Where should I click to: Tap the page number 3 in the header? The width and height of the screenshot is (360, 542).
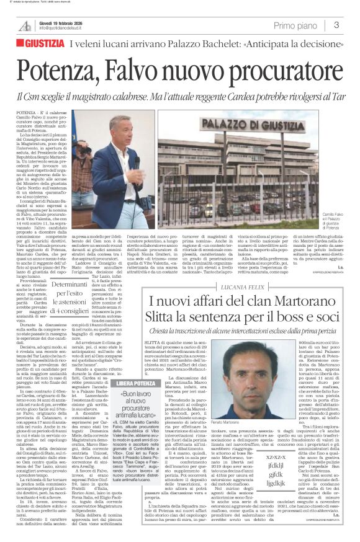pos(336,25)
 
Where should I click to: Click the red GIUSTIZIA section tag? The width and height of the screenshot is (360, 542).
pos(43,44)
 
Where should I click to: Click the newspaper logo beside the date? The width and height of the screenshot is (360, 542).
pos(25,26)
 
